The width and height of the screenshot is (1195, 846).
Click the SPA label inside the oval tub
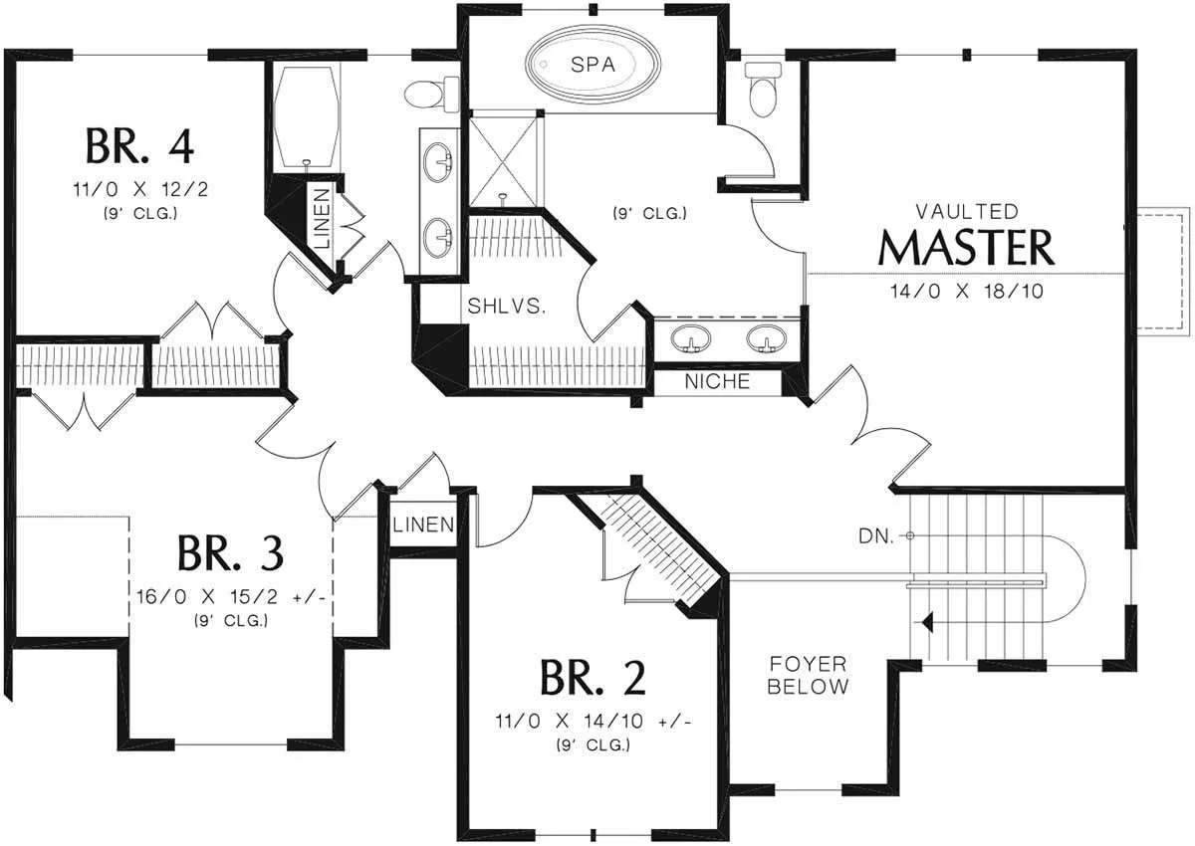pos(593,65)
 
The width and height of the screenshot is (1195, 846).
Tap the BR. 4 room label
pos(139,145)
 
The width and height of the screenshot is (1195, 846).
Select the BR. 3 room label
pos(230,553)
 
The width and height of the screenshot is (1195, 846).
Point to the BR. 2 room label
pos(594,678)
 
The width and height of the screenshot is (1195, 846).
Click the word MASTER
pos(966,248)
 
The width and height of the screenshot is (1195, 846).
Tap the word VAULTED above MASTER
pos(967,212)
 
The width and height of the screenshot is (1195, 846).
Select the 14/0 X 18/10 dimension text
pos(967,291)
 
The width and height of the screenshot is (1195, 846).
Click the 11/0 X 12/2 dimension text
pos(140,189)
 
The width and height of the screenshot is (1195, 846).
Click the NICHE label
pos(717,381)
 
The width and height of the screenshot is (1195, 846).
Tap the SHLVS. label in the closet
pos(506,306)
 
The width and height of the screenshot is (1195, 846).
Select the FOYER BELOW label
pos(808,676)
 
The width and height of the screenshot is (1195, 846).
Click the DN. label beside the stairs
pos(876,536)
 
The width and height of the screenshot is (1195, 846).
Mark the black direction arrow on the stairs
pos(926,622)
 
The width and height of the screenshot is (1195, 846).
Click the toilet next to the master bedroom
pos(763,89)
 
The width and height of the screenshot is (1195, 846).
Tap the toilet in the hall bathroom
pos(431,94)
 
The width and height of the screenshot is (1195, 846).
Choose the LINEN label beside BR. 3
pos(423,526)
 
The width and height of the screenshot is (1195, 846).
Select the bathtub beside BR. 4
pos(306,117)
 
